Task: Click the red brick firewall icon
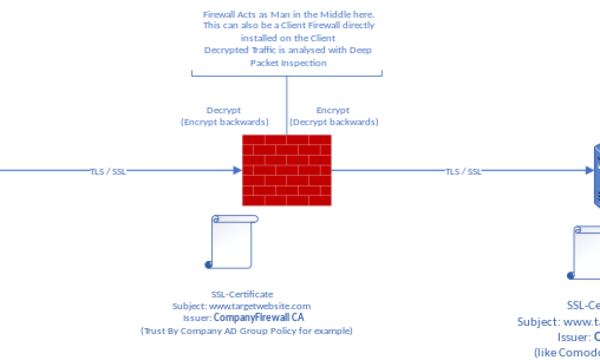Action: (x=287, y=170)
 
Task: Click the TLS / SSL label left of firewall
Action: (x=109, y=170)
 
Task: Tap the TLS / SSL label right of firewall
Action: (x=463, y=171)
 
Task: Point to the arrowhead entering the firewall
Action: (x=237, y=170)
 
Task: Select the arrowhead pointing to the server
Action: (x=589, y=170)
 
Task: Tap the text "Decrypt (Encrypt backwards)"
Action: (x=224, y=116)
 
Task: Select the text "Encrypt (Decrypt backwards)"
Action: (x=334, y=116)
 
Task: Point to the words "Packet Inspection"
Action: (x=289, y=63)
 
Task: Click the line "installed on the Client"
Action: (x=289, y=38)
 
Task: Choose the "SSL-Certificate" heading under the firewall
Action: (x=242, y=294)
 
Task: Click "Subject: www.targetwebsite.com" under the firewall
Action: (x=242, y=306)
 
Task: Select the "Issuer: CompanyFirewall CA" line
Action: (x=242, y=318)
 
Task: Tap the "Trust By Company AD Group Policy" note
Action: (x=247, y=331)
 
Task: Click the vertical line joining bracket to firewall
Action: (x=287, y=105)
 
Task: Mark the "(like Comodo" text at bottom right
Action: (x=567, y=352)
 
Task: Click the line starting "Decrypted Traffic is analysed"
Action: (x=289, y=50)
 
